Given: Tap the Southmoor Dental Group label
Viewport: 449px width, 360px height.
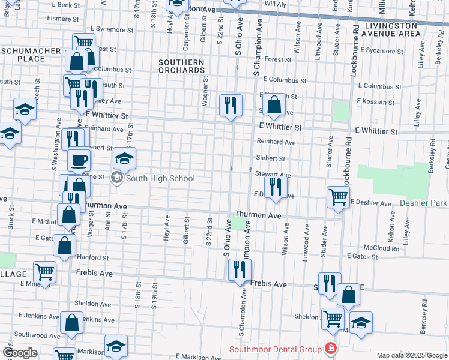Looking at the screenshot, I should point(274,349).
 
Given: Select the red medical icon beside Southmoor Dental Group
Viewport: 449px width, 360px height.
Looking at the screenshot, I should point(330,349).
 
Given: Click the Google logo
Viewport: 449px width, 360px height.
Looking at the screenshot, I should point(20,352).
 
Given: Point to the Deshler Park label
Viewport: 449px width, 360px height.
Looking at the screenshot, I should point(423,203).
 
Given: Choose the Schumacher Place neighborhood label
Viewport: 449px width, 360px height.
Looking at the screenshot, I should point(31,55).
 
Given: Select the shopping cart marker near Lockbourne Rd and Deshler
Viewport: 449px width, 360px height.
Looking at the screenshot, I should point(339,196).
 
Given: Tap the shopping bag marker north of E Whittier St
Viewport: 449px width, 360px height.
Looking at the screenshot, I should point(274,104).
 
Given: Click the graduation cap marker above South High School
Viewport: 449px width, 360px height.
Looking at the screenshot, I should point(124,158).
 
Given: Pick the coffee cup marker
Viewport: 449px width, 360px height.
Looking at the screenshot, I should point(79,160).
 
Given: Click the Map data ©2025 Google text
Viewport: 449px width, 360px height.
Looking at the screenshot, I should point(411,355).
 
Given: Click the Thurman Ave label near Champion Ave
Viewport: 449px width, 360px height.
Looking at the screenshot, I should point(258,215).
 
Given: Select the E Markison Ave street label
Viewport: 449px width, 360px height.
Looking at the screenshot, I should point(185,356).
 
